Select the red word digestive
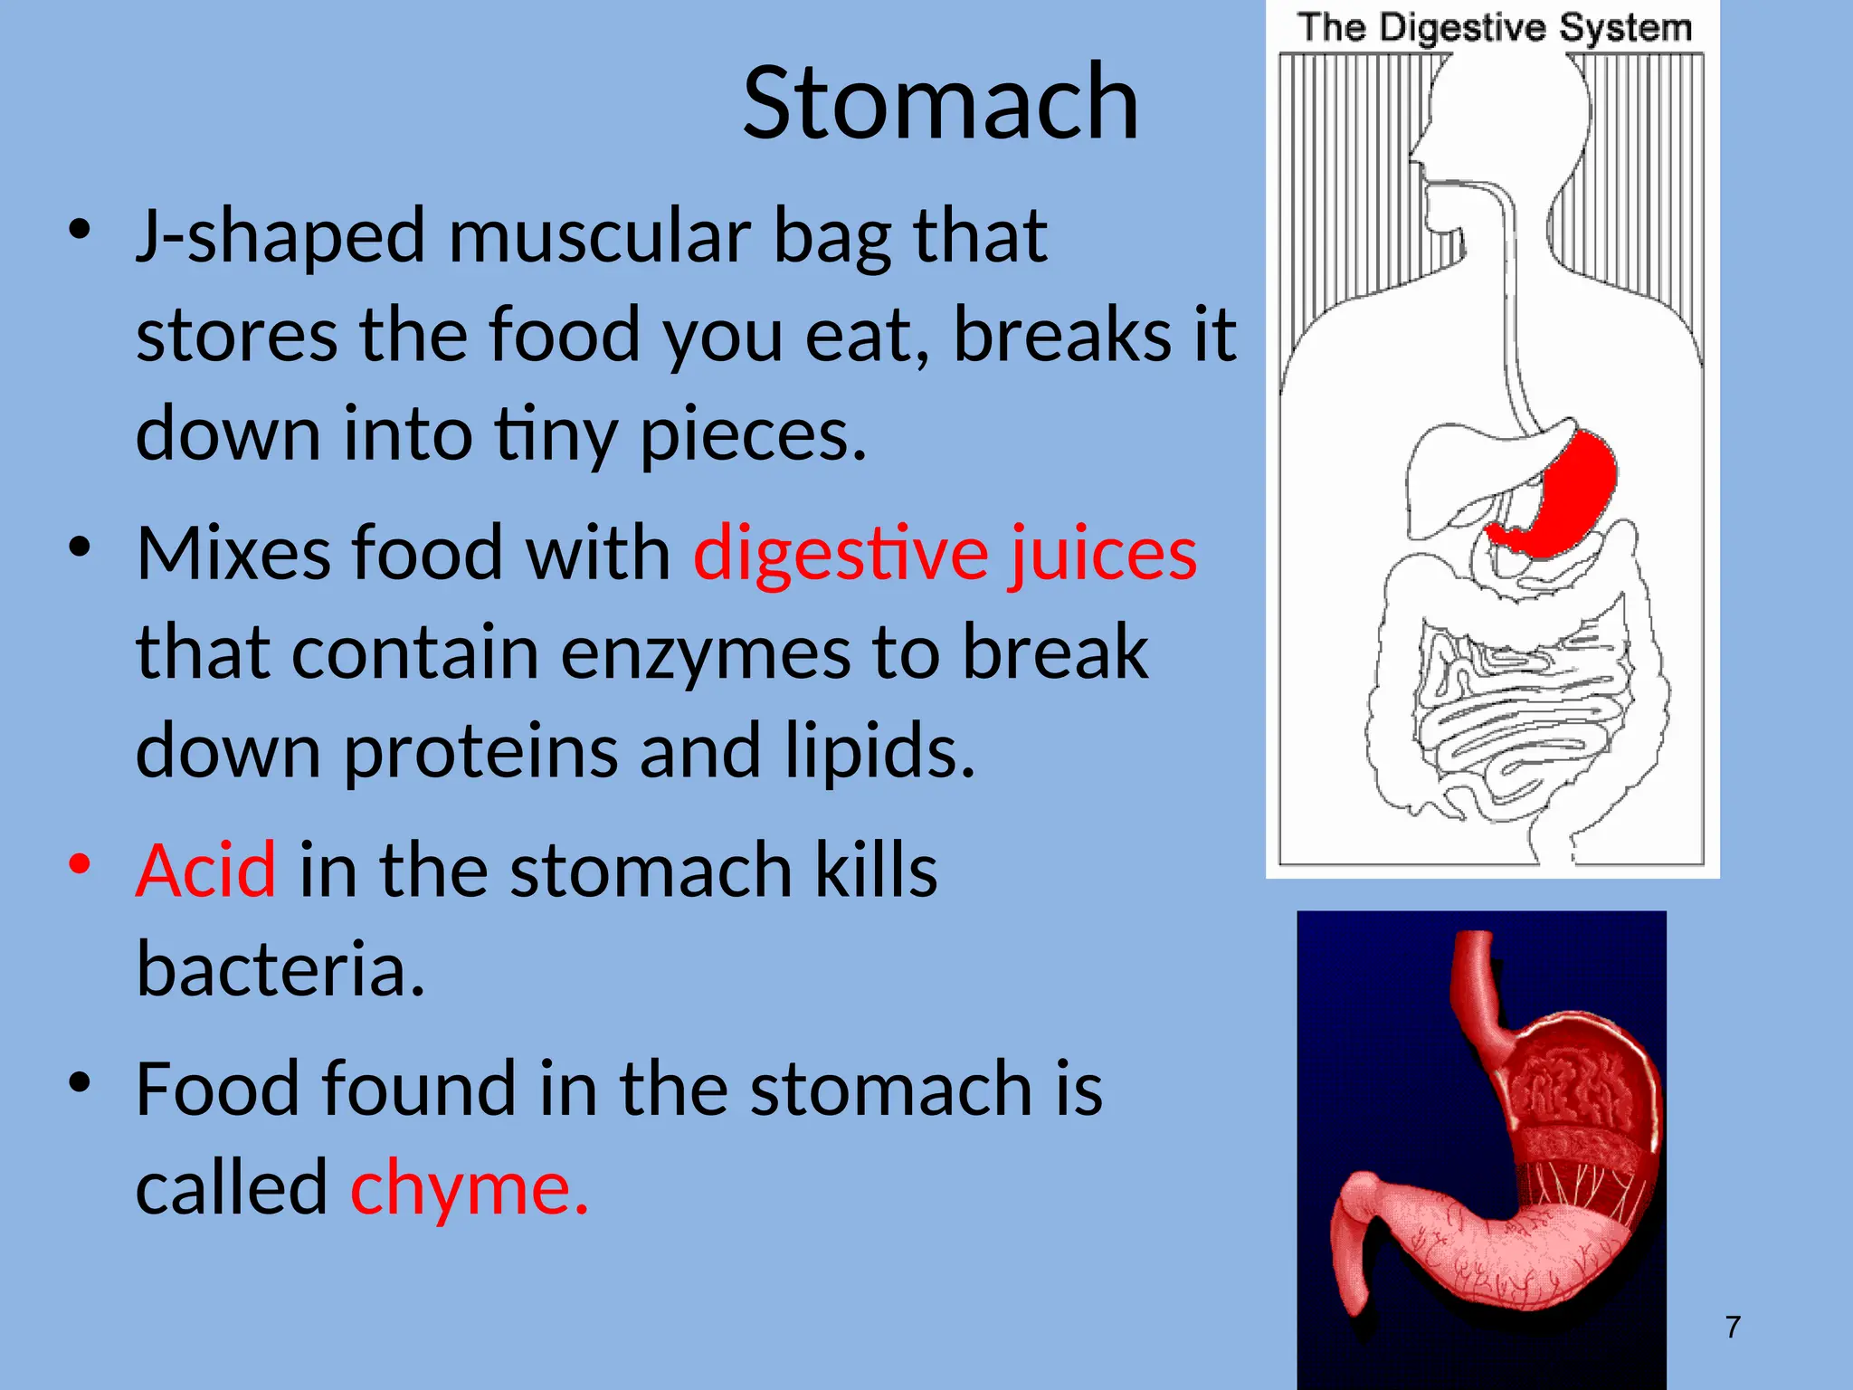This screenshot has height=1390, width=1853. pyautogui.click(x=840, y=553)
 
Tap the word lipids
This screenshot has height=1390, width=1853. pyautogui.click(x=879, y=751)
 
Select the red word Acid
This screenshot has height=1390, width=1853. pyautogui.click(x=205, y=871)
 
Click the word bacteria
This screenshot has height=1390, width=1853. pyautogui.click(x=280, y=969)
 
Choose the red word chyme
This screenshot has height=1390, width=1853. pyautogui.click(x=469, y=1187)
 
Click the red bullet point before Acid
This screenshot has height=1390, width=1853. pyautogui.click(x=80, y=863)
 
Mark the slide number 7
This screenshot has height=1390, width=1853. pyautogui.click(x=1733, y=1328)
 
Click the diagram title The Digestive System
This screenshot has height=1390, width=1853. pyautogui.click(x=1494, y=27)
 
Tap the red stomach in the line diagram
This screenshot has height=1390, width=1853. pyautogui.click(x=1574, y=498)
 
